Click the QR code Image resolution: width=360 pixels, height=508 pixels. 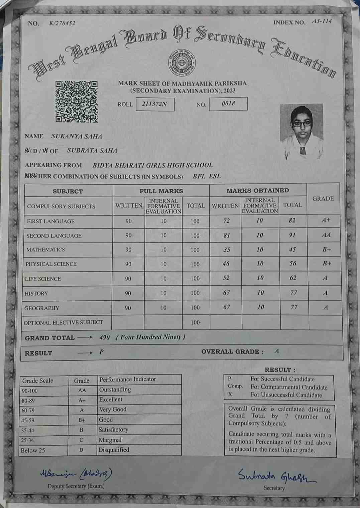point(77,101)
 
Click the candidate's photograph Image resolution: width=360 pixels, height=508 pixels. point(301,131)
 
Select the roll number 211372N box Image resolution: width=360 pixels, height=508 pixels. point(155,104)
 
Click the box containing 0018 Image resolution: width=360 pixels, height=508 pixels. point(228,104)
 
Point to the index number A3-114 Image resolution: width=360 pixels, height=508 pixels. point(322,21)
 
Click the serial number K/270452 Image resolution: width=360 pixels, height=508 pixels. point(62,23)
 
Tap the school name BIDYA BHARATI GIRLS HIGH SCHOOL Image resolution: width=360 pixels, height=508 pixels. point(152,165)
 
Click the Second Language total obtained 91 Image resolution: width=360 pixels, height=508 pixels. point(292,235)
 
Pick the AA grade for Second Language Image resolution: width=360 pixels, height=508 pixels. point(326,235)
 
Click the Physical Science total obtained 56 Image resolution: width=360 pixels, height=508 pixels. point(293,264)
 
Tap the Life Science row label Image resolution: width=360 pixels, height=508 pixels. point(43,279)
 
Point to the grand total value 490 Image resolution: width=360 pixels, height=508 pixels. point(105,337)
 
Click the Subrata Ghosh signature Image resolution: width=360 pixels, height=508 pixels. point(276,475)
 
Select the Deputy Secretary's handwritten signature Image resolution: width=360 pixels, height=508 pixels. point(76,474)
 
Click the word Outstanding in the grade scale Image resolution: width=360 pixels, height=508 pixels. point(115,390)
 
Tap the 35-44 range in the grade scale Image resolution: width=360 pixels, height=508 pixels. point(27,430)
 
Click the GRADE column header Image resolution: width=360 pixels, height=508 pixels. point(323,199)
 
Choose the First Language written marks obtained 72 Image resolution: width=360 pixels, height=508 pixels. point(226,221)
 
